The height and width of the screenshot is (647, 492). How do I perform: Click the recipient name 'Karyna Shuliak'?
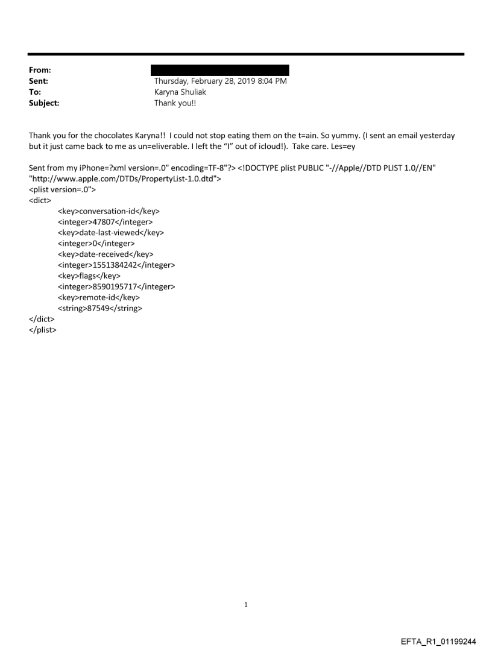[x=180, y=92]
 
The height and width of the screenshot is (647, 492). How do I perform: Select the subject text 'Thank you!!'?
[x=175, y=103]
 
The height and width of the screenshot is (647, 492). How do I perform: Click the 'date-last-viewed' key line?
[x=111, y=233]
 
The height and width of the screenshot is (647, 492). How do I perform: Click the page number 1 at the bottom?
[x=246, y=604]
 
